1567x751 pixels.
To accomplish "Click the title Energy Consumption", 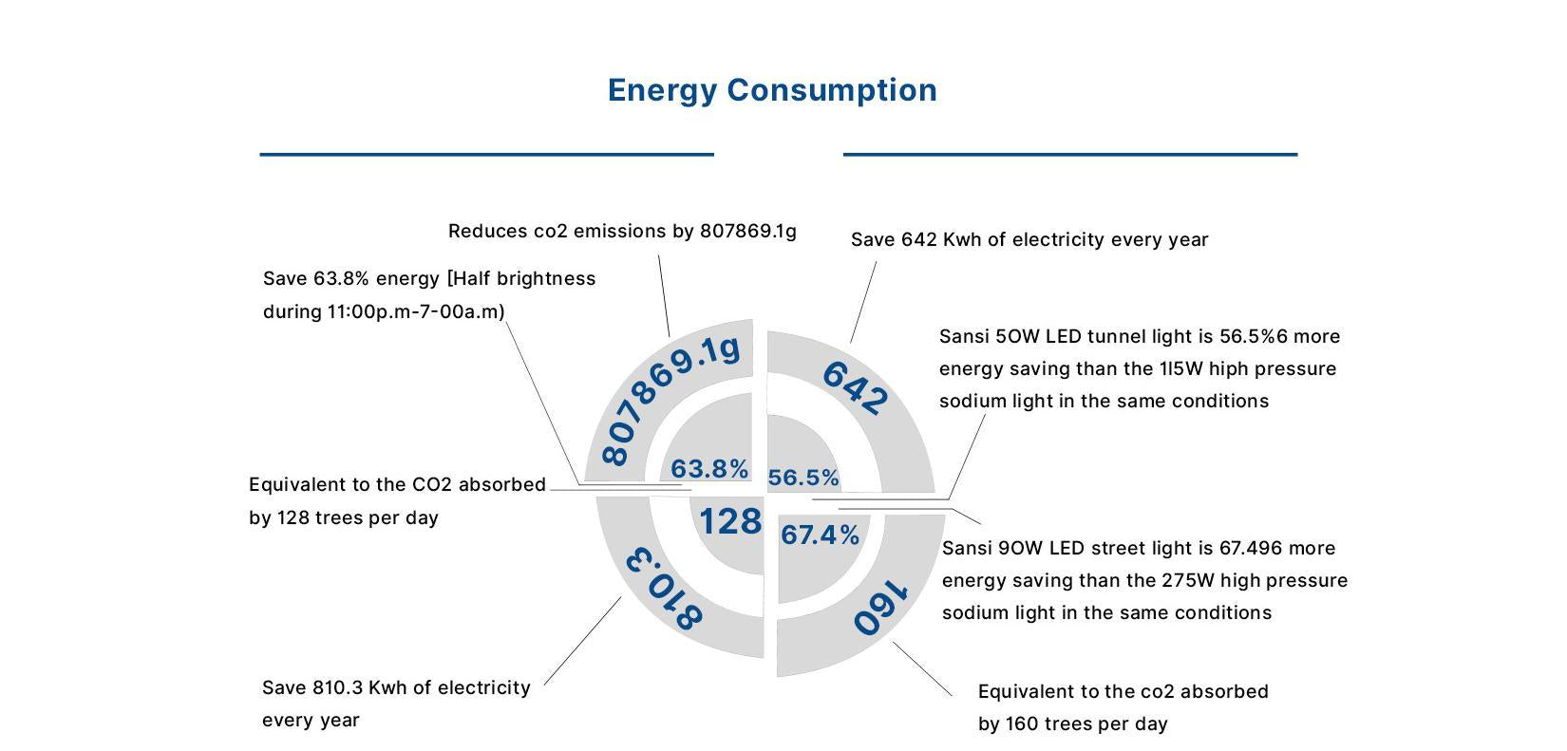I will pos(772,90).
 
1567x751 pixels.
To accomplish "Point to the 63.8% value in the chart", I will pos(709,469).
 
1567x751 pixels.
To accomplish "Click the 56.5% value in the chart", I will pos(803,478).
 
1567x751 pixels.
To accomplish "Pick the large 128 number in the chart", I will pos(730,521).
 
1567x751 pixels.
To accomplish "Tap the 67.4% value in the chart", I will pos(821,535).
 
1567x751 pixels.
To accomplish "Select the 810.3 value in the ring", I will pos(664,588).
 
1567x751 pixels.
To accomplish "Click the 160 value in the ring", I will pos(880,609).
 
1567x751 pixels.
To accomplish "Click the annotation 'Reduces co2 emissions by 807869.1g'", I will pos(622,231).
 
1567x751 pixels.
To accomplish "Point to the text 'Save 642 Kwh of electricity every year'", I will pos(1029,239).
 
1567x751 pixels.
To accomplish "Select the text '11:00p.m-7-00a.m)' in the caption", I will pos(416,311).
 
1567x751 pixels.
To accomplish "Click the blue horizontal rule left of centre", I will pos(486,154).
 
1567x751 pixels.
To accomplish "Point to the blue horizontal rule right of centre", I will pos(1069,154).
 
